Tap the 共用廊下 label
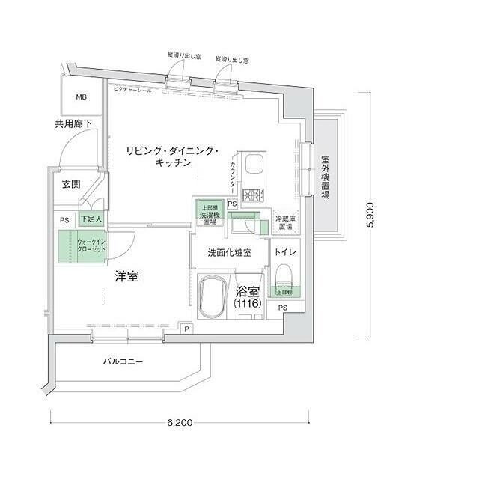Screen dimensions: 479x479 point(73,124)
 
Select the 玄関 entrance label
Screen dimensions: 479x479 point(71,183)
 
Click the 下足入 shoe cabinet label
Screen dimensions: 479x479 point(91,219)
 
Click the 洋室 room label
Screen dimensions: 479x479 point(126,277)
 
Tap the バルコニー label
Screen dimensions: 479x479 point(123,363)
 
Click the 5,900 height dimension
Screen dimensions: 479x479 point(380,214)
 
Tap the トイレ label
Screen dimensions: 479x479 point(286,252)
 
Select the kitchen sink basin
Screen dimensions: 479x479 point(254,163)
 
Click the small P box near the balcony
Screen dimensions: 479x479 point(184,329)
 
